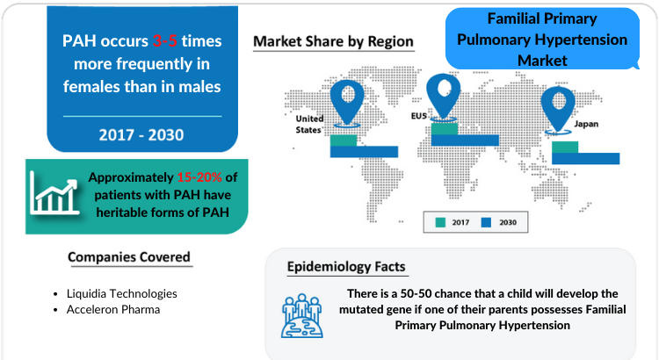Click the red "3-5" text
[x=164, y=41]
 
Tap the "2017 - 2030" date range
[x=141, y=135]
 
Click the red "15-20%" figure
[x=199, y=177]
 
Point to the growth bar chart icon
[x=54, y=193]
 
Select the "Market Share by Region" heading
[x=333, y=41]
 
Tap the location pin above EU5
[x=444, y=97]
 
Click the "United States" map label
[x=309, y=125]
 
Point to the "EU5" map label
[x=419, y=116]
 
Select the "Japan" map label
[x=586, y=124]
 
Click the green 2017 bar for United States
[x=344, y=140]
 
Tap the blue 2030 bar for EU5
[x=465, y=140]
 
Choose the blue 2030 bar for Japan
[x=585, y=158]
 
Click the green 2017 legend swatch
[x=440, y=223]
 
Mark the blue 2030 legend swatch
[x=486, y=223]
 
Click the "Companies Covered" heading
[x=129, y=257]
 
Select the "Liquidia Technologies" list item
[x=122, y=293]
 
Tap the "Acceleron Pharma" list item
[x=113, y=310]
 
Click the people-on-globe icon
[x=302, y=316]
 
